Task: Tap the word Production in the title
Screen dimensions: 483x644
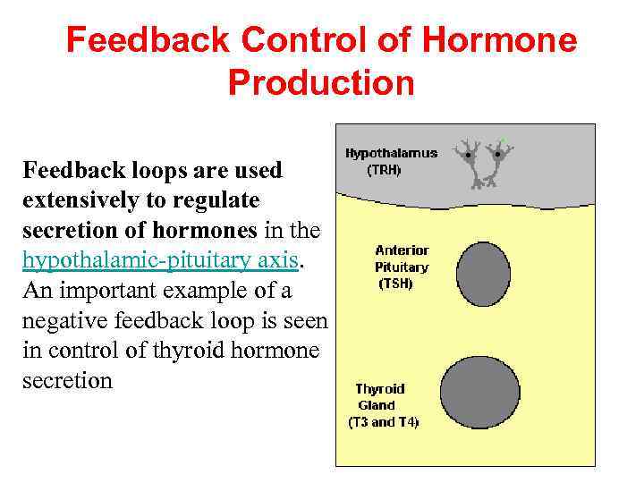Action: [x=321, y=82]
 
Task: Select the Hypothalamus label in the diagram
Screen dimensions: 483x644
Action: [x=391, y=153]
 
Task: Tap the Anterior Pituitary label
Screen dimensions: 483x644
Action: [x=402, y=258]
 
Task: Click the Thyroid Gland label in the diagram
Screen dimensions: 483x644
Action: [x=379, y=397]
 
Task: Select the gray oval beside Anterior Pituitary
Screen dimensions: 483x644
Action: [x=483, y=267]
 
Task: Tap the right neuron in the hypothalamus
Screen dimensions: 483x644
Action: [x=498, y=161]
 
